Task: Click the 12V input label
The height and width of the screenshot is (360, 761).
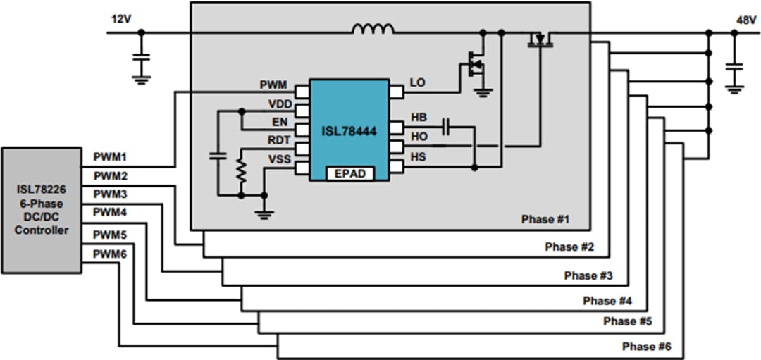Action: [x=122, y=19]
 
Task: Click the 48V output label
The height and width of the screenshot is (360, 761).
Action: [x=745, y=20]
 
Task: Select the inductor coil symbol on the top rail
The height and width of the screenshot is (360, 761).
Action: [x=373, y=29]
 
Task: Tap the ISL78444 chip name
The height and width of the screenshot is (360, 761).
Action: [x=349, y=130]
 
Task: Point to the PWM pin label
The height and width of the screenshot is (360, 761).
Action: [x=273, y=85]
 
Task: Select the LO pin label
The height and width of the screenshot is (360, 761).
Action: [x=417, y=83]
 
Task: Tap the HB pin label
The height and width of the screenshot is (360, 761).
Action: [x=418, y=118]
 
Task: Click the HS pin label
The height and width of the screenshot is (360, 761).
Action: [x=418, y=157]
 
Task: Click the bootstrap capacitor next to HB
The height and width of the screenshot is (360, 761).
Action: [x=446, y=127]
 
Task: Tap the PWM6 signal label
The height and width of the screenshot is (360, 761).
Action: [x=110, y=252]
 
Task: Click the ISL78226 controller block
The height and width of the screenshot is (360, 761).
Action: [x=42, y=210]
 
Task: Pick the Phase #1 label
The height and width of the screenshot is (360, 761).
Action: [x=545, y=219]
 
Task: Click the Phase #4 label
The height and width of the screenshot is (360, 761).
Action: [x=607, y=301]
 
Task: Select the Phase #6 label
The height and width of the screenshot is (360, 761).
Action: [x=647, y=347]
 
